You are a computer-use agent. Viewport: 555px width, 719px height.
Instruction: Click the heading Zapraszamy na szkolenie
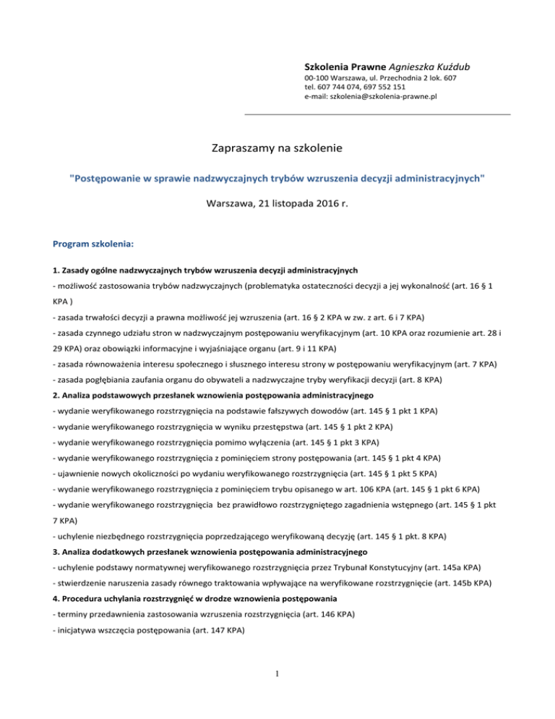(277, 149)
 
